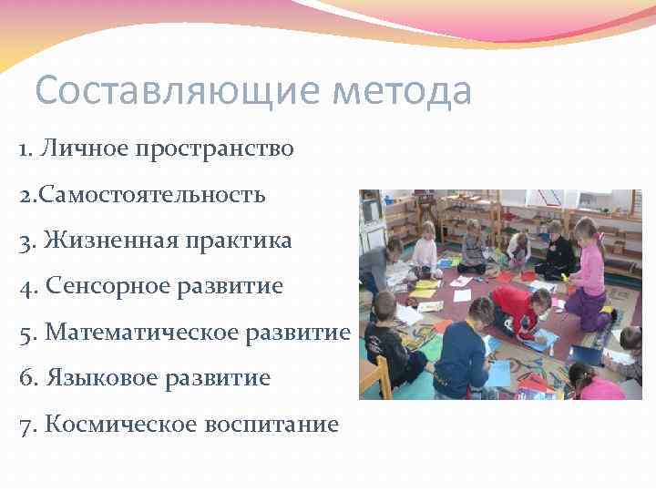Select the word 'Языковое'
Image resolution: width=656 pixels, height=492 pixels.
pyautogui.click(x=94, y=378)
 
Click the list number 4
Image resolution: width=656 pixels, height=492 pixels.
pyautogui.click(x=25, y=287)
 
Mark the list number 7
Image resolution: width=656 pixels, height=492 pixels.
pyautogui.click(x=25, y=424)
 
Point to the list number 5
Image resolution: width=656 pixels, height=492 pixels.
pyautogui.click(x=25, y=333)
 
